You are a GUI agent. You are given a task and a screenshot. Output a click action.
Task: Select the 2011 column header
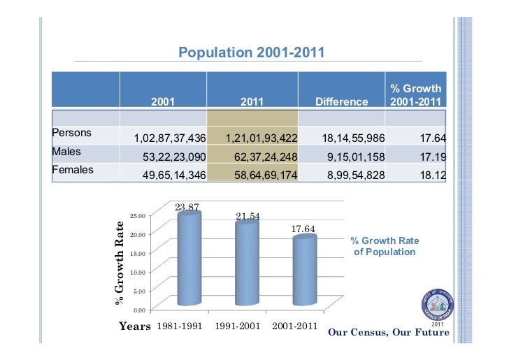(252, 102)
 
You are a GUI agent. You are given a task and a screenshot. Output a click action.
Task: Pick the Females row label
(73, 168)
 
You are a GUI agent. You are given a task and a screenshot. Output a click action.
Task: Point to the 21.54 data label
(248, 216)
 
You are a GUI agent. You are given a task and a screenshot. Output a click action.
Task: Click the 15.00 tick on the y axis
(138, 253)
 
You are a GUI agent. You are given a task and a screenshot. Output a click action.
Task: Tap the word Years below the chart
(134, 326)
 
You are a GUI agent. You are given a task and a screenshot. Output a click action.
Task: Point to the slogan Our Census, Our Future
(388, 332)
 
